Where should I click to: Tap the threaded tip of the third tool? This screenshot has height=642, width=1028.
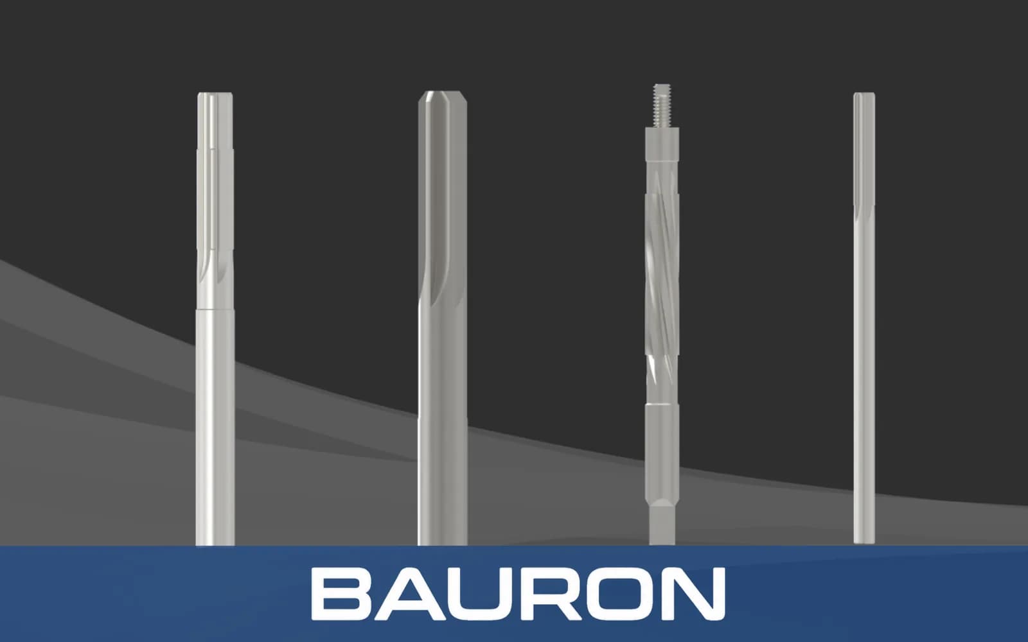click(x=662, y=105)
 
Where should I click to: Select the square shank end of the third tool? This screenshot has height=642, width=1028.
click(x=662, y=523)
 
